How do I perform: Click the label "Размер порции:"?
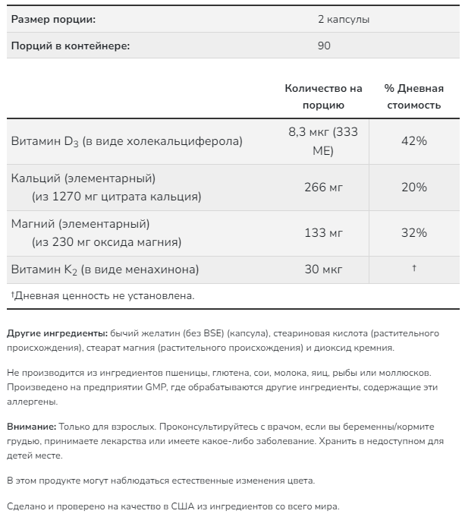point(53,19)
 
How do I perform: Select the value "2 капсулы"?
point(344,19)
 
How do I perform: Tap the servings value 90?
point(324,46)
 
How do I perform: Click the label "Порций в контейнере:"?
point(70,46)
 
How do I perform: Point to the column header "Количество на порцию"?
point(323,96)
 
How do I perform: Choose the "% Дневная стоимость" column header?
point(413,96)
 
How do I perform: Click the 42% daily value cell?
point(414,141)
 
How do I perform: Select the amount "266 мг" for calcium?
point(323,188)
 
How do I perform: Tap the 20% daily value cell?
point(414,188)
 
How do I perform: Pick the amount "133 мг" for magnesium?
point(323,233)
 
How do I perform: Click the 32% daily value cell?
point(414,233)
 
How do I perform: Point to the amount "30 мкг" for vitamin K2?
point(323,269)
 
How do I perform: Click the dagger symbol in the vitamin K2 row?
point(414,269)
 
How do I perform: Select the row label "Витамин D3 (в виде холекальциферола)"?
point(127,141)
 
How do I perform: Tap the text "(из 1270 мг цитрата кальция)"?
point(116,197)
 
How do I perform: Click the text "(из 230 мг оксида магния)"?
point(106,242)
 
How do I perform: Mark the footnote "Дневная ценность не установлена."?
point(104,295)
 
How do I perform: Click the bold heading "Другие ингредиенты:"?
point(56,333)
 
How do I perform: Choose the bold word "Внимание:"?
point(30,427)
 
